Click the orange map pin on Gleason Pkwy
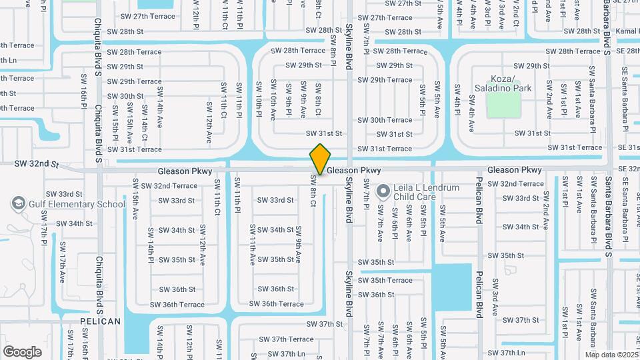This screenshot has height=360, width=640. point(320,159)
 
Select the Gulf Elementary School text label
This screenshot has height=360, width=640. point(77,205)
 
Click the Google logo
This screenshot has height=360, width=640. point(22,351)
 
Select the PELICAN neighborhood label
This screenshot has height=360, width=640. point(100,321)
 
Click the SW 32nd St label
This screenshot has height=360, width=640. point(37,163)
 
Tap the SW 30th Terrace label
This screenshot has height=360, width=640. point(385,120)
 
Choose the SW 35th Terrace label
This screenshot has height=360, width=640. point(385,281)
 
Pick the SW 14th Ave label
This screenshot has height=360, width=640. point(159,103)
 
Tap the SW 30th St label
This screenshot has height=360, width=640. point(125,96)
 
